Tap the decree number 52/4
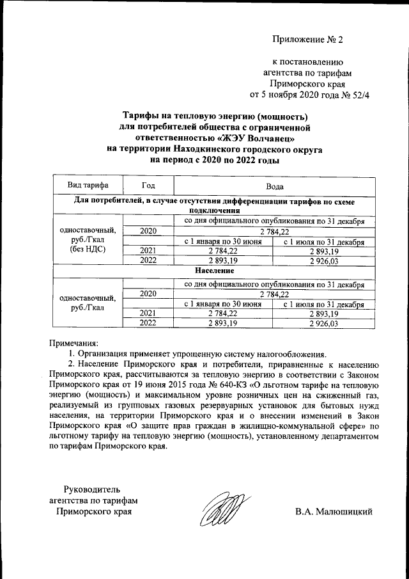coord(360,95)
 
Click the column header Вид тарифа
coord(88,185)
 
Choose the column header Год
coord(148,185)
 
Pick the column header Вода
coord(274,185)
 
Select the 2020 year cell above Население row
coord(148,231)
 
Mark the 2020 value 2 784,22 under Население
coord(274,294)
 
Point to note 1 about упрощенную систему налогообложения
coord(198,354)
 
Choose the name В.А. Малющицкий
coord(333,512)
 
